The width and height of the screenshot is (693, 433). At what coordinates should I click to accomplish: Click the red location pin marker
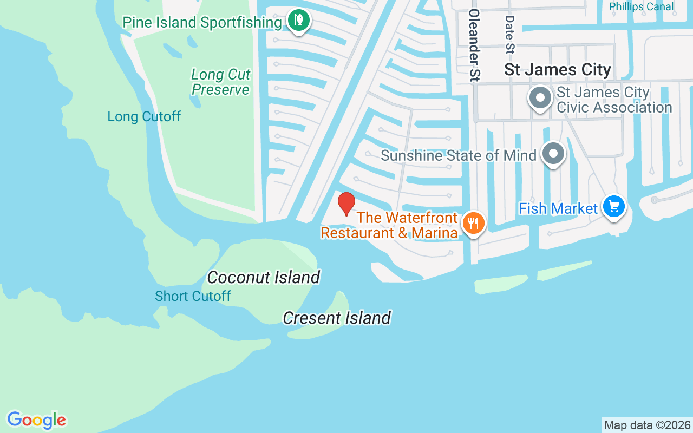(346, 204)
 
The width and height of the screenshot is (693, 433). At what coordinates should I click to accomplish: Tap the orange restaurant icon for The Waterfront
(473, 223)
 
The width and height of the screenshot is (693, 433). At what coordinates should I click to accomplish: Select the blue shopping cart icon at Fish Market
(613, 206)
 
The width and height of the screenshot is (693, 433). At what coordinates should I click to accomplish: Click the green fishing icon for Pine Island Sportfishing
(298, 21)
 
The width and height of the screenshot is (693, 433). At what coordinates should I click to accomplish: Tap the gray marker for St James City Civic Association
(540, 99)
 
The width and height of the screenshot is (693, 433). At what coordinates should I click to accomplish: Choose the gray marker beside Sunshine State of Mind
(553, 154)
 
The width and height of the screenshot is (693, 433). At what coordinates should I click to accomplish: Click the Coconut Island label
(264, 277)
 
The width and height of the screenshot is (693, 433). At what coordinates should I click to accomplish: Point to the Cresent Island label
(337, 318)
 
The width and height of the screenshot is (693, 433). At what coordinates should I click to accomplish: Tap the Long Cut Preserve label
(221, 82)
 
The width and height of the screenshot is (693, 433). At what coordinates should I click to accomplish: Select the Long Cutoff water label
(144, 116)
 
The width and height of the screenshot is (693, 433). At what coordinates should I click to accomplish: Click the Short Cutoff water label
(193, 296)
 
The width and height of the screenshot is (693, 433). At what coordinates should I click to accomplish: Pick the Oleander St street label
(475, 44)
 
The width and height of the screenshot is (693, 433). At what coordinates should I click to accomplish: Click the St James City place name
(558, 70)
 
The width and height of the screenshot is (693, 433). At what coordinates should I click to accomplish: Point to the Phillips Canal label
(642, 6)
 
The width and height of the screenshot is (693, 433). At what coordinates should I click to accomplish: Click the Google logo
(37, 420)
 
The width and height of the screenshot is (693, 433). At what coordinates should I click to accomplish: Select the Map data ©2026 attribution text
(647, 425)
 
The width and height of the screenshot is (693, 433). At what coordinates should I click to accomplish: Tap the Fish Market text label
(558, 208)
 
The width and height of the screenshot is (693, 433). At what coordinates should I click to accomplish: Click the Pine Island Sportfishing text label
(202, 22)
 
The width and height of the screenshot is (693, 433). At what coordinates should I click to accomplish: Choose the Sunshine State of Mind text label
(459, 155)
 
